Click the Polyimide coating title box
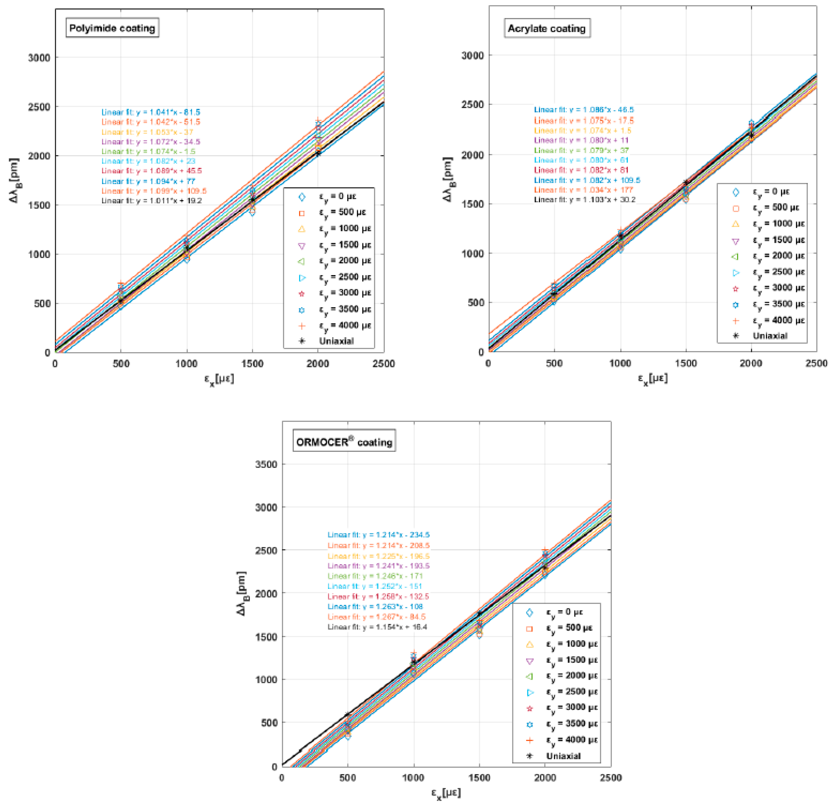click(112, 28)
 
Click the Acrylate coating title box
click(547, 29)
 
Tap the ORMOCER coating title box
click(344, 442)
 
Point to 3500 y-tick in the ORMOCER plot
click(266, 464)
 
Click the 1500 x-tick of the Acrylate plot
click(686, 363)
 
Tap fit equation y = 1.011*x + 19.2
click(152, 200)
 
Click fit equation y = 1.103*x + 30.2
click(585, 200)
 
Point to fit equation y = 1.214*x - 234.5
click(378, 535)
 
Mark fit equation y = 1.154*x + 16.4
click(377, 627)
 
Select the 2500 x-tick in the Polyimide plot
click(383, 364)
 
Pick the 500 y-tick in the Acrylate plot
click(473, 303)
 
